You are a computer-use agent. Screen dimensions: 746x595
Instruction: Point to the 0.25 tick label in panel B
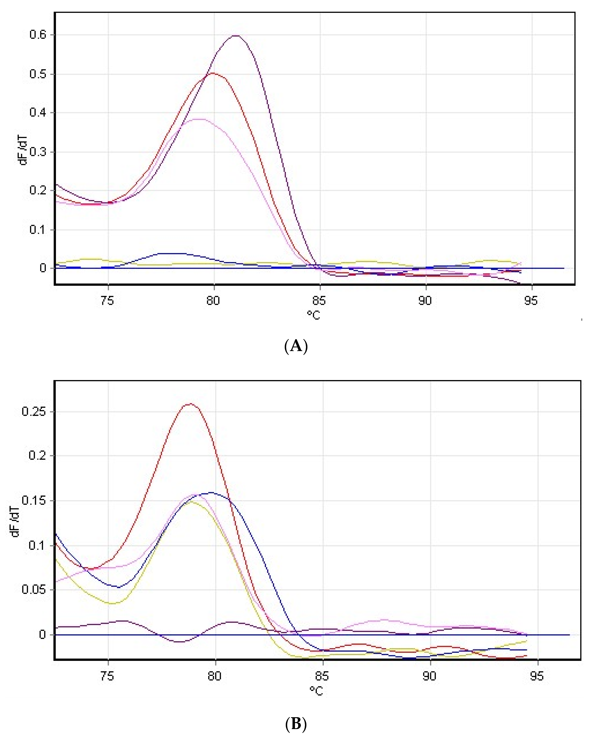pos(33,411)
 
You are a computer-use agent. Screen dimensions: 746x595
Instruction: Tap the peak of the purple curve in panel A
pos(236,36)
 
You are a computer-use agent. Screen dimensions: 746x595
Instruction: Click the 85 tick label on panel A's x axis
pos(319,301)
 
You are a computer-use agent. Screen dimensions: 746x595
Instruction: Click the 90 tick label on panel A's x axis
pos(425,301)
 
